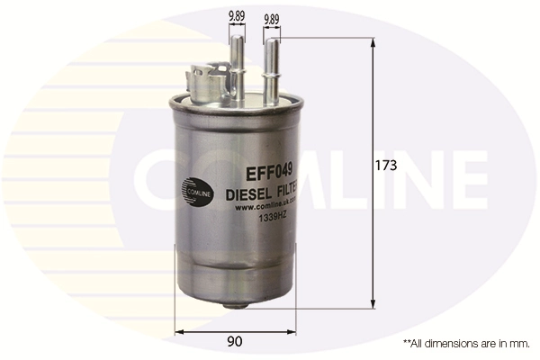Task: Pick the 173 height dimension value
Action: [x=386, y=166]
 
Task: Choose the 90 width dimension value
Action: [x=236, y=341]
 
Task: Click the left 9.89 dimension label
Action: [x=238, y=15]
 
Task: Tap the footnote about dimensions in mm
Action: [x=465, y=343]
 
